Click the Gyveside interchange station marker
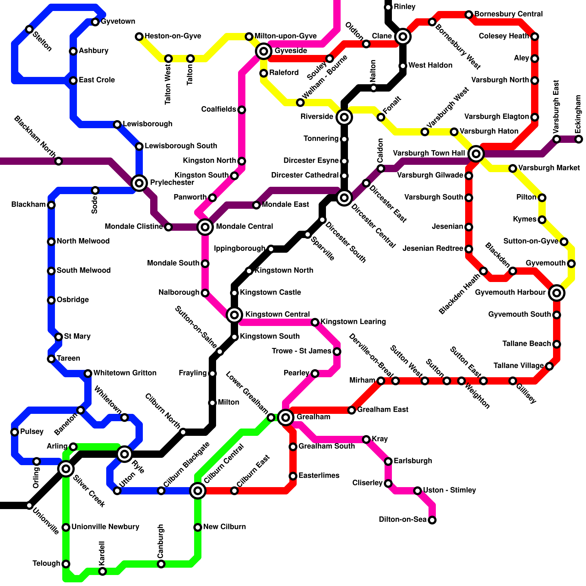[264, 51]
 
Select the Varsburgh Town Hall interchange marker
[476, 153]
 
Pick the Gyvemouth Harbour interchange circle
[556, 293]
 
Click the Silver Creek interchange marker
[66, 468]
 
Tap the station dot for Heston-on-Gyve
[139, 36]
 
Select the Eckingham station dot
[578, 139]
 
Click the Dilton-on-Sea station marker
[432, 520]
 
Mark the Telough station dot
[66, 564]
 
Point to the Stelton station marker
[29, 29]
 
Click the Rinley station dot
[388, 7]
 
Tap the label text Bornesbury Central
[508, 14]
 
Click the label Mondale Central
[244, 226]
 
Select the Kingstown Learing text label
[353, 322]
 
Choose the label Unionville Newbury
[105, 527]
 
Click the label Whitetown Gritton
[125, 373]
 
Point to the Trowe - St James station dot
[337, 352]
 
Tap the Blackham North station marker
[59, 161]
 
